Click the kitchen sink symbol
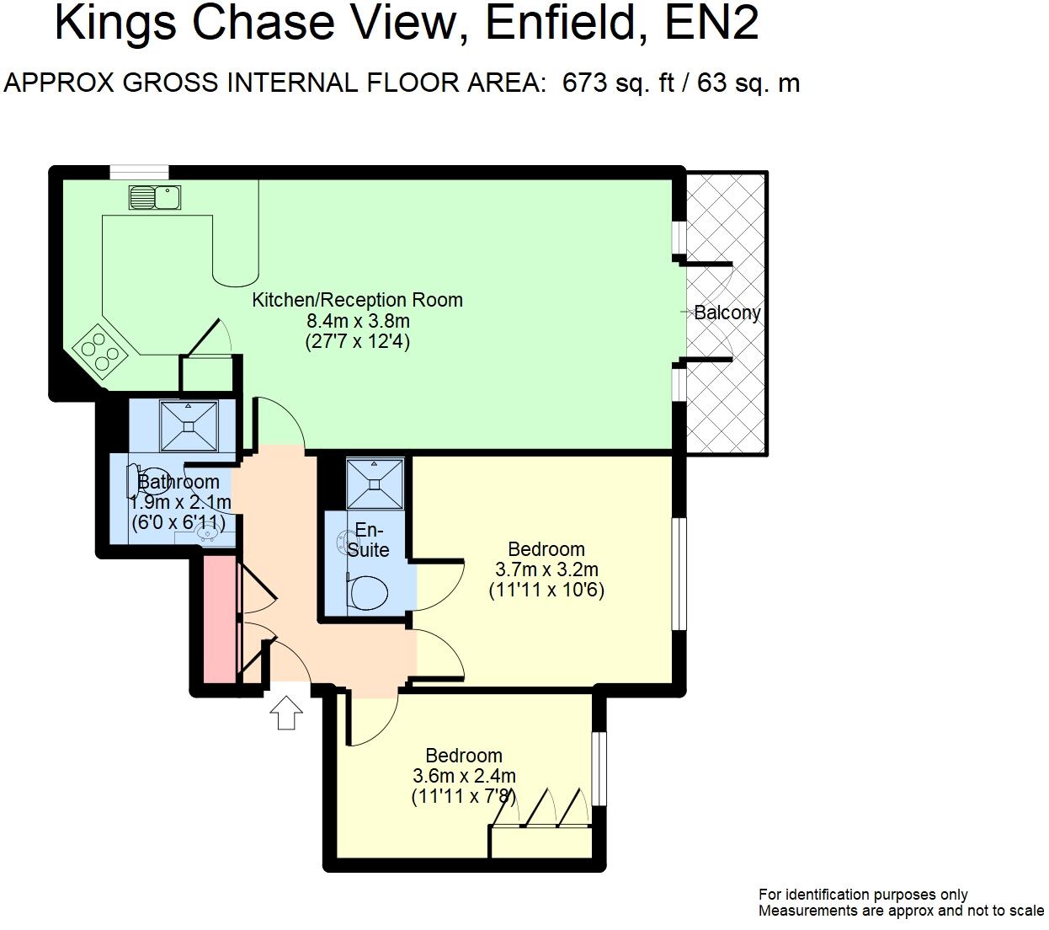155,197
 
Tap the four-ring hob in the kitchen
100,351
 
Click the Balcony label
727,313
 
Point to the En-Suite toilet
368,592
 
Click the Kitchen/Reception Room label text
357,300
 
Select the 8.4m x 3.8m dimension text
358,321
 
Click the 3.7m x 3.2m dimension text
546,569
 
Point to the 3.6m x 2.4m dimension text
464,776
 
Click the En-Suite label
369,540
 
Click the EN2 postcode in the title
711,24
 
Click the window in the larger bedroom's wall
679,573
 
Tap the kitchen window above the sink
139,172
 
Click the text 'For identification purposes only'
863,895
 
